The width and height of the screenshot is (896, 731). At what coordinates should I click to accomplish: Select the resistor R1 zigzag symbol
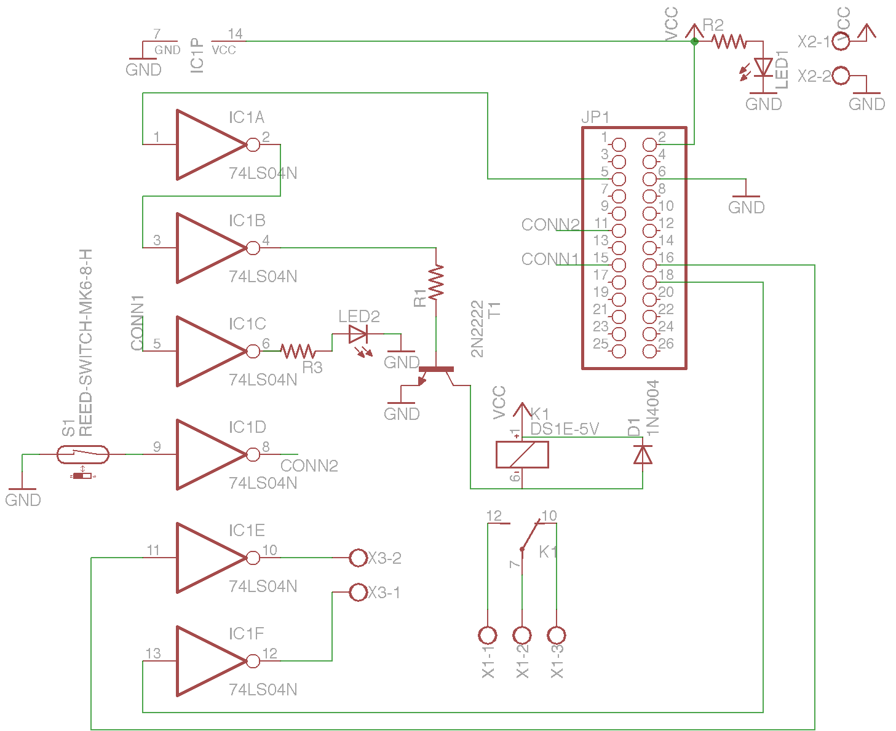pos(436,282)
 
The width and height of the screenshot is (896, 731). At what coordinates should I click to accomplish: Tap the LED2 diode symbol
pos(358,334)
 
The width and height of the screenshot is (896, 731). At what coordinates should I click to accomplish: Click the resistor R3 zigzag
pos(298,351)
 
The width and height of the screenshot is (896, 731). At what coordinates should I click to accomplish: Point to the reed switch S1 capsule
pos(83,454)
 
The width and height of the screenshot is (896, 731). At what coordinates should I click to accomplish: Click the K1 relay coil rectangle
pos(522,454)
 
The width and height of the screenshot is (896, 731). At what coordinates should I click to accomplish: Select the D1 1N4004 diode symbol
pos(643,454)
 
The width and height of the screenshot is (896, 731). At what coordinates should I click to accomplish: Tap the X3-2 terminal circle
pos(358,558)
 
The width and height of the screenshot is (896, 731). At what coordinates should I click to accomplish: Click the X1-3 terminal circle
pos(557,634)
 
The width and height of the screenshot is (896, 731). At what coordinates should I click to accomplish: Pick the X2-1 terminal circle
pos(841,41)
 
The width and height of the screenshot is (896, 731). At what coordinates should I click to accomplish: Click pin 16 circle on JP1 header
pos(650,265)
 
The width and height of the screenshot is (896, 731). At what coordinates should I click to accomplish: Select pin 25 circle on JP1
pos(619,351)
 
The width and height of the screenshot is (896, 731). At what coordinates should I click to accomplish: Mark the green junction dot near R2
pos(694,41)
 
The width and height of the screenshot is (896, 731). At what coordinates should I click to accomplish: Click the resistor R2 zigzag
pos(729,41)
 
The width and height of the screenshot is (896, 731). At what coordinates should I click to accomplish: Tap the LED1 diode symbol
pos(763,66)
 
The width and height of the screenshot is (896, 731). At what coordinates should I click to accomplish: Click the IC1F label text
pos(246,634)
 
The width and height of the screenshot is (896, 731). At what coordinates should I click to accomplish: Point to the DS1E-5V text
pos(565,429)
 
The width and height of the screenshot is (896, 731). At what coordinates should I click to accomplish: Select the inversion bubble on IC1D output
pos(253,454)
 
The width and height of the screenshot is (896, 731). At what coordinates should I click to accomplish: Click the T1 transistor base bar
pos(436,369)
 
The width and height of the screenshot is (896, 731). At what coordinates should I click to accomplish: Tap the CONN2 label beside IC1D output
pos(309,466)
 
